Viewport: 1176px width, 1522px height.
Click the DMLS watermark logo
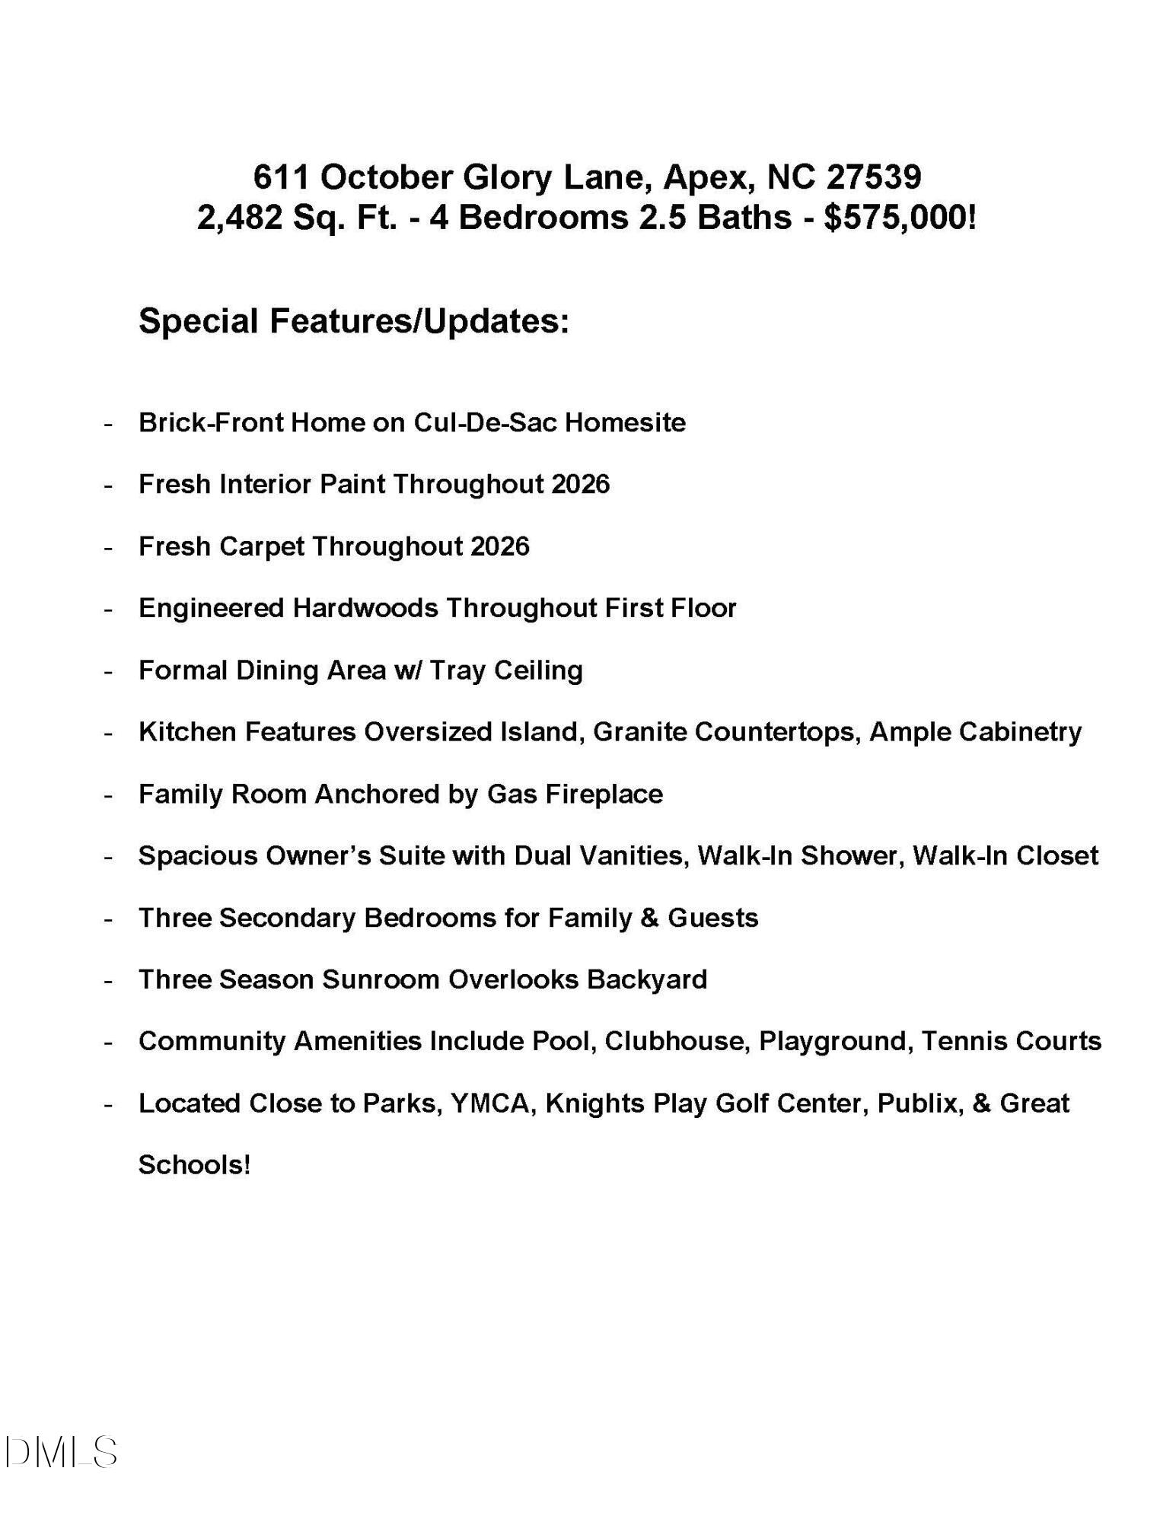pyautogui.click(x=61, y=1452)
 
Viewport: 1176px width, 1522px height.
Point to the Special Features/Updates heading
pyautogui.click(x=353, y=321)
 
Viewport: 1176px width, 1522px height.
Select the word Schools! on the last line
pyautogui.click(x=194, y=1165)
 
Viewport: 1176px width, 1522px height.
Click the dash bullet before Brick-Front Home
pyautogui.click(x=109, y=424)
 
